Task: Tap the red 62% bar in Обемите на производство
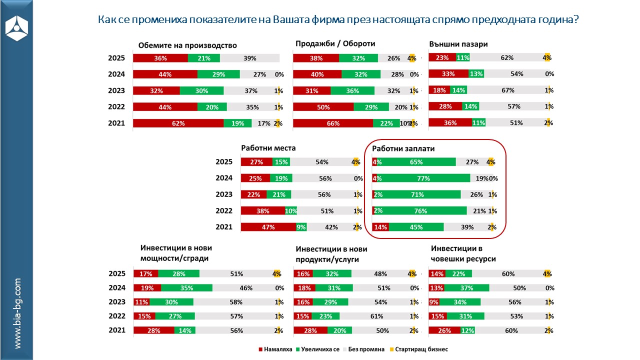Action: [x=178, y=123]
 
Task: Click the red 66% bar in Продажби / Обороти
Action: [x=333, y=123]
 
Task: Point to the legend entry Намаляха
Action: [x=275, y=349]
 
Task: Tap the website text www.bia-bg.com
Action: [x=17, y=313]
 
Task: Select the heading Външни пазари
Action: [x=458, y=44]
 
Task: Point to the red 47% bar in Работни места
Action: [x=268, y=227]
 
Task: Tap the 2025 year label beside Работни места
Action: [x=224, y=162]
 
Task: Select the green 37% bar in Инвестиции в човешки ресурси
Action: [x=466, y=288]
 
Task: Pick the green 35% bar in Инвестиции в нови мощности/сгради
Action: [x=186, y=288]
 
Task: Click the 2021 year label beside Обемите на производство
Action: [x=116, y=123]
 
